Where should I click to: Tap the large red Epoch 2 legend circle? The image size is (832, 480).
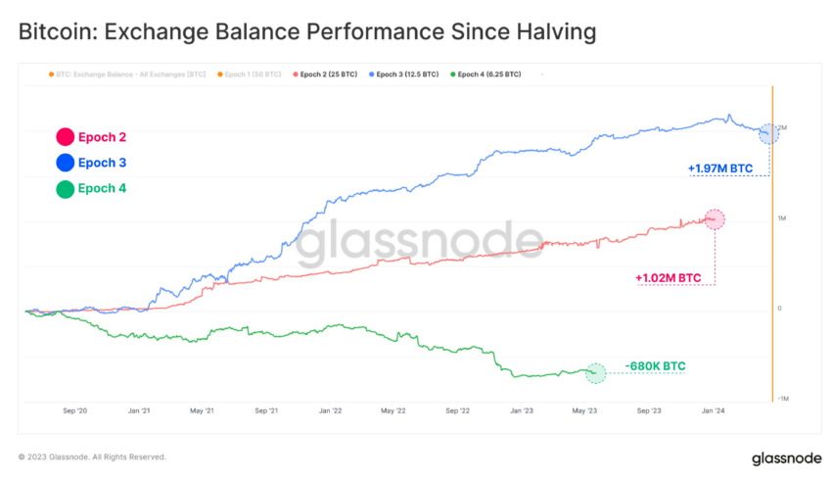pos(66,138)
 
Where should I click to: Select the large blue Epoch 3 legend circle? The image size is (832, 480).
pos(66,163)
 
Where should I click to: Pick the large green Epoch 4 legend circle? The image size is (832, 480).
pos(66,188)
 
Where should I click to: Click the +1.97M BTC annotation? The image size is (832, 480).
pos(720,168)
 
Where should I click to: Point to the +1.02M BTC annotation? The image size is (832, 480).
pos(669,278)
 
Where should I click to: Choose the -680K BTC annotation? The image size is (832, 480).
pos(655,366)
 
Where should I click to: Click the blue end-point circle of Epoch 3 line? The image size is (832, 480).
pos(769,133)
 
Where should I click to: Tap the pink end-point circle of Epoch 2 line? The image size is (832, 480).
pos(715,219)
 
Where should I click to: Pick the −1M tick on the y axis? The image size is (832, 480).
pos(783,399)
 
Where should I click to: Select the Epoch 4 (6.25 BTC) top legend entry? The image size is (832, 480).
pos(485,74)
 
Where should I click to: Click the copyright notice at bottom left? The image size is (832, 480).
pos(92,456)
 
